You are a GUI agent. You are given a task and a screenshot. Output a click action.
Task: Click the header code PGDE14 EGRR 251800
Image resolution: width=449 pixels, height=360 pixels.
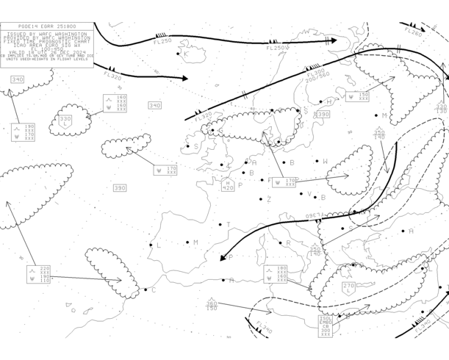pos(47,26)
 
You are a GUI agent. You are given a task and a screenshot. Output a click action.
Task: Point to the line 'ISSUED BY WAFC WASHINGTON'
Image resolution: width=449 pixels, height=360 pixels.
pos(47,34)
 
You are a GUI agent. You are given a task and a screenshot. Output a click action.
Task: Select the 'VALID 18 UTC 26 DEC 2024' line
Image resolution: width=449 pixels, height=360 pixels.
pos(47,51)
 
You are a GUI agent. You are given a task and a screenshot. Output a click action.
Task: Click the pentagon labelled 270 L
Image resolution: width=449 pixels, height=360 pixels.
pos(348,287)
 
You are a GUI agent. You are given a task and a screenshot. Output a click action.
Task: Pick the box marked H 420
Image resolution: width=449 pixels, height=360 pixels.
pos(228,184)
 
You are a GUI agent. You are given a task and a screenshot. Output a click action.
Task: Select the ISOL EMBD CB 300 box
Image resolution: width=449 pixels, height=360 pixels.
pos(326,325)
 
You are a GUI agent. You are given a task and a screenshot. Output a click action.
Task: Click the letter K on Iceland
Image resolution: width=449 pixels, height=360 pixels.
pos(186,54)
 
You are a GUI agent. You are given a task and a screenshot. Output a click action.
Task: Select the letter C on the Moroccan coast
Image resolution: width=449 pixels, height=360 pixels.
pos(154,289)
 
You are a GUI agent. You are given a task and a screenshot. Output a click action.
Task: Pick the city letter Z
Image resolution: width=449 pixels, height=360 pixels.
pos(270,199)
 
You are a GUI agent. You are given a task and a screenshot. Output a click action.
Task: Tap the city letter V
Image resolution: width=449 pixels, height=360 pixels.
pos(310,195)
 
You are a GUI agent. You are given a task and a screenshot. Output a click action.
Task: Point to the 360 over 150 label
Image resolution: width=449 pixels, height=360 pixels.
pos(212,306)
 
